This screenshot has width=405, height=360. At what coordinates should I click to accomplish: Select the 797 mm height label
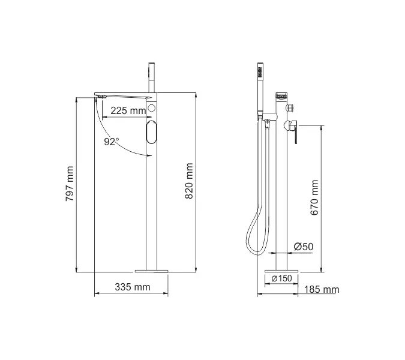[70, 184]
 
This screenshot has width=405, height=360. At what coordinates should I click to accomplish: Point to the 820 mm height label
[190, 184]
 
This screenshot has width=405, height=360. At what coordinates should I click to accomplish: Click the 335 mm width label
[132, 287]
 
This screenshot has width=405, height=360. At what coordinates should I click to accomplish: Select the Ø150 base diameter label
[281, 278]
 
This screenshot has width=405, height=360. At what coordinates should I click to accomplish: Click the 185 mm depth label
[322, 290]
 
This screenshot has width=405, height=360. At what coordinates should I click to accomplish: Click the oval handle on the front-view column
[151, 131]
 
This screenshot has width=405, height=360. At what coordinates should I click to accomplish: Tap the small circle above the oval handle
[151, 109]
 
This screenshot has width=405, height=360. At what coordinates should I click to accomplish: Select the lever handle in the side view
[293, 133]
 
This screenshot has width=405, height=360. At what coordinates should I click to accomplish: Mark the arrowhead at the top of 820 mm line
[196, 95]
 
